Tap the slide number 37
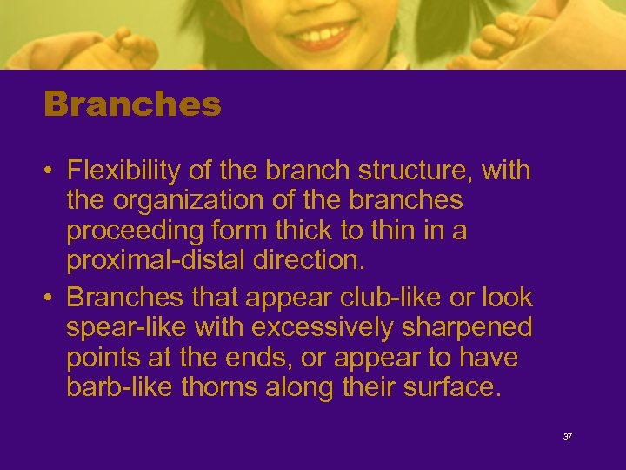point(568,436)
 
